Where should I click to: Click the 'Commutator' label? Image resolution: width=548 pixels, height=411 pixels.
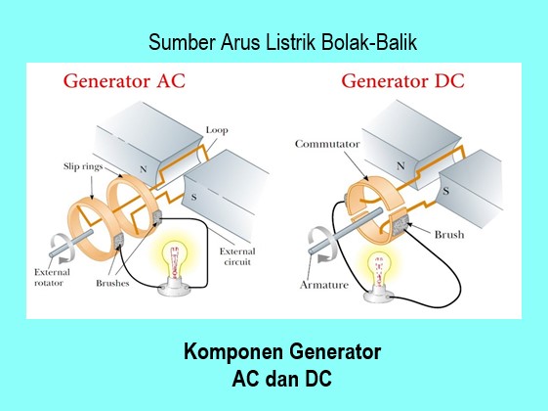point(325,145)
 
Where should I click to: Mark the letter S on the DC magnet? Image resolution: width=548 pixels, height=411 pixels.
point(445,191)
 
